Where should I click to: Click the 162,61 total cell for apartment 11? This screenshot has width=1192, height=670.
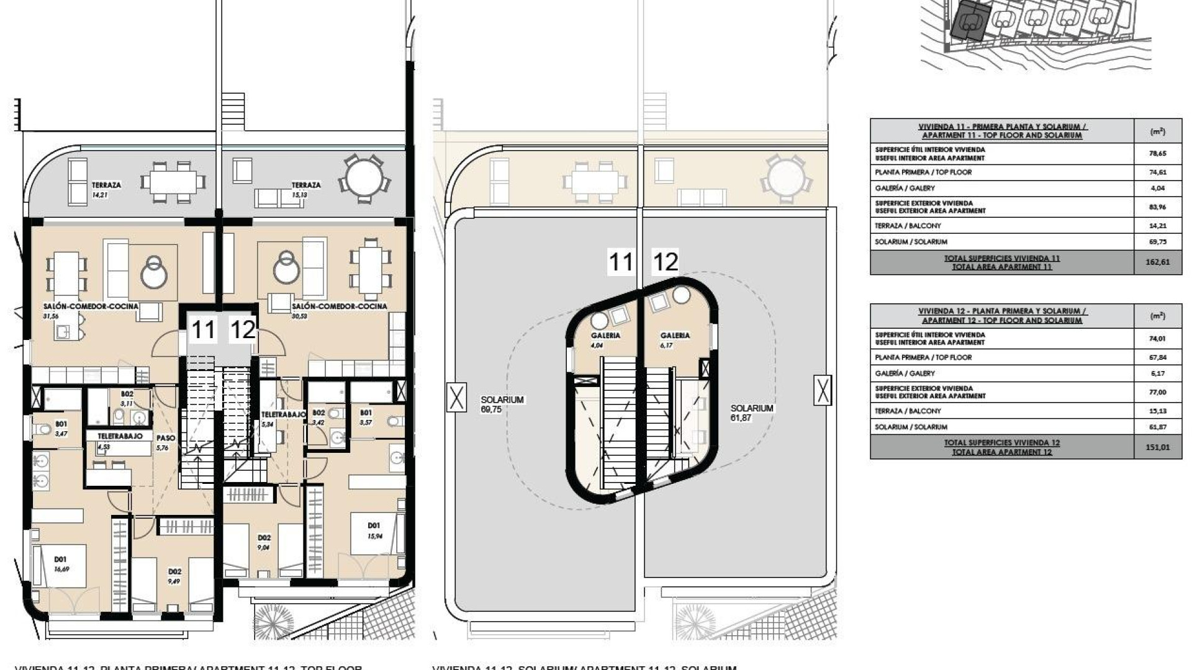click(1157, 262)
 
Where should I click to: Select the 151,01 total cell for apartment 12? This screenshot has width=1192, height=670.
click(1157, 447)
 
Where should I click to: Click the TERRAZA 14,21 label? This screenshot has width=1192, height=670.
click(106, 189)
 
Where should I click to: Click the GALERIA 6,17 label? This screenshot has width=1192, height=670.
click(675, 340)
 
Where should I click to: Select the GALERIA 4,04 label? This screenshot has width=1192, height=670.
click(605, 340)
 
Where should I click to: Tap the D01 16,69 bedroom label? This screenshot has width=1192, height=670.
click(61, 563)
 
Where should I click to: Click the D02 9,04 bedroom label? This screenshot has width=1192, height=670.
click(264, 542)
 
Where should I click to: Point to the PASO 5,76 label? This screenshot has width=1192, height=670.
click(166, 442)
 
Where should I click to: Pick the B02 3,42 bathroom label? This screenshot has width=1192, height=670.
click(318, 417)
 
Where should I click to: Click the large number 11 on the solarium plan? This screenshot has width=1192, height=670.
click(620, 262)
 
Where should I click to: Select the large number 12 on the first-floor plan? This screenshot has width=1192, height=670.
click(242, 329)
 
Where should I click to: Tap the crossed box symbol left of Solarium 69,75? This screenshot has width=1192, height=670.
click(456, 396)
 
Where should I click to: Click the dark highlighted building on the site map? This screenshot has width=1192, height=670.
click(968, 22)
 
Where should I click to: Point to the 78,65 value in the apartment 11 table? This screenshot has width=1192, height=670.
click(1157, 153)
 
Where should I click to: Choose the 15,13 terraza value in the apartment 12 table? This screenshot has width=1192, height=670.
click(1157, 411)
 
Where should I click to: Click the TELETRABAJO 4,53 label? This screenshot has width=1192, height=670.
click(119, 440)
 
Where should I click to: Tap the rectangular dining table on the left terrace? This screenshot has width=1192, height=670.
click(173, 182)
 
